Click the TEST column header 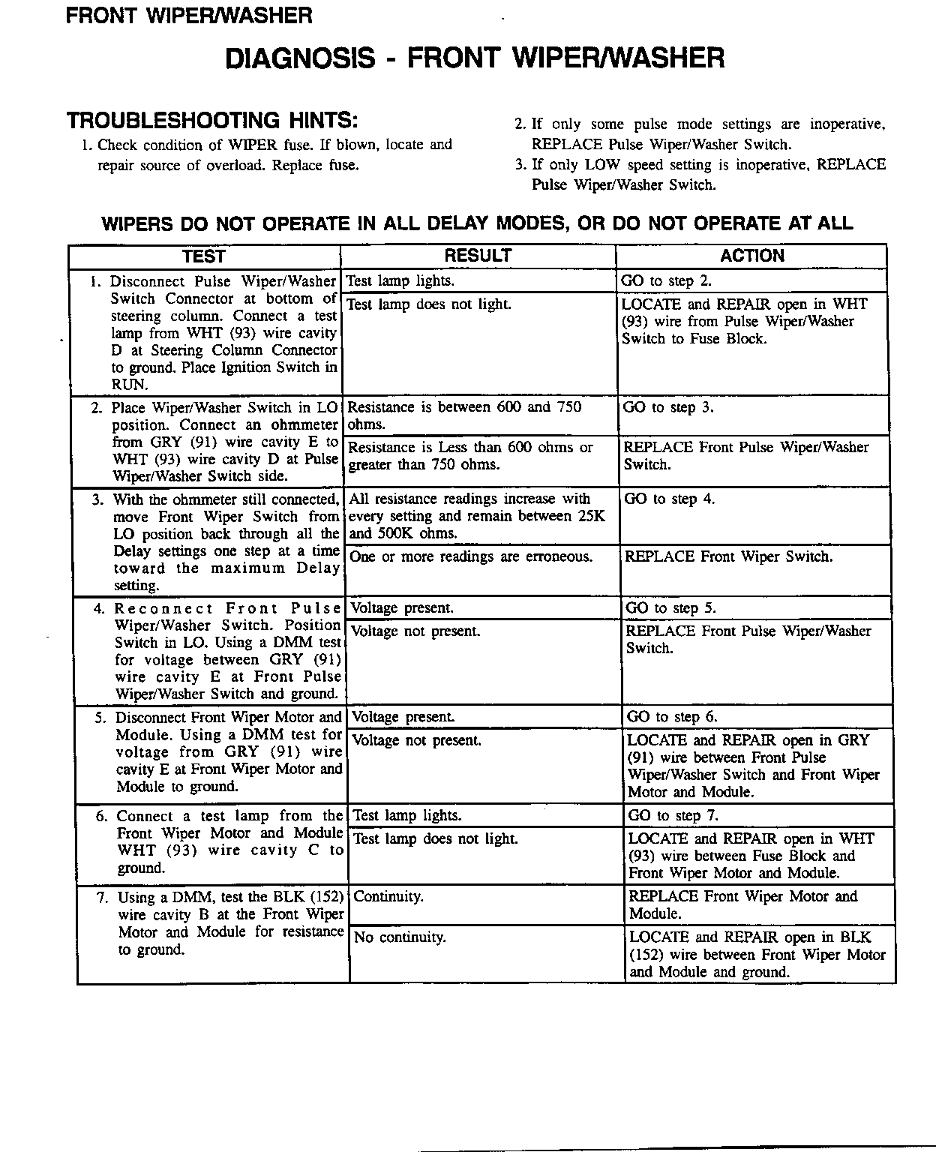204,256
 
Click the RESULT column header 478,256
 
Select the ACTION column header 751,256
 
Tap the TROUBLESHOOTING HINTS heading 212,121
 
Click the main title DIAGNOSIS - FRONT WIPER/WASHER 475,58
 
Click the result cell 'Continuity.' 388,897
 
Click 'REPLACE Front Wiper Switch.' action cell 728,557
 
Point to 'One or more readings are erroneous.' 471,557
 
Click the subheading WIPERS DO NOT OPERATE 477,223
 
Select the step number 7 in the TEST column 103,898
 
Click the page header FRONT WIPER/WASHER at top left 189,15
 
